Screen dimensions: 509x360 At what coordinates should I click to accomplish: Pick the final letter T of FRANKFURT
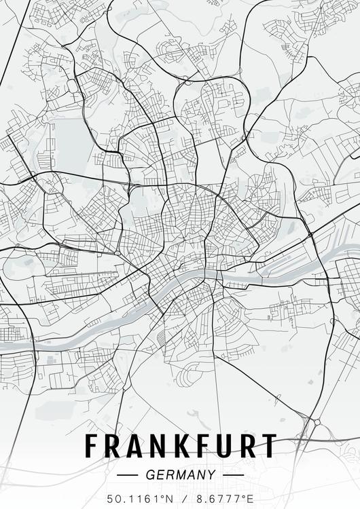point(268,446)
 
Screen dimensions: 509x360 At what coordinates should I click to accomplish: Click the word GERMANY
point(180,475)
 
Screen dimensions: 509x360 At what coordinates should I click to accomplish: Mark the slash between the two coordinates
point(180,499)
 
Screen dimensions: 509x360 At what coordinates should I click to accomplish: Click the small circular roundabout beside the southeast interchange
point(317,422)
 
